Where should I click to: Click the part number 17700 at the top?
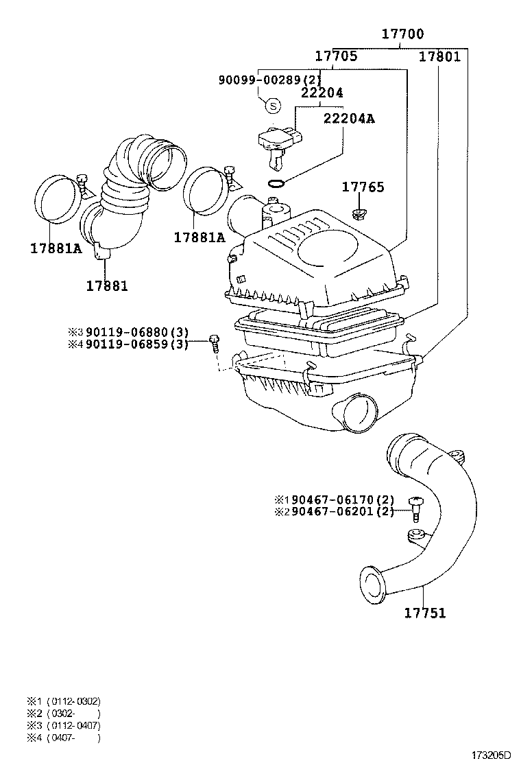click(402, 34)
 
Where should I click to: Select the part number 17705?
click(336, 56)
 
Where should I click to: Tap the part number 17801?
click(439, 56)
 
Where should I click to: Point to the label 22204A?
click(349, 118)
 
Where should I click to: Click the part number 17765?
click(363, 187)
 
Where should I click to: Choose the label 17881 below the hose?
click(107, 285)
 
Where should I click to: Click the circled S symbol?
click(273, 105)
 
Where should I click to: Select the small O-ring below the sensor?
click(275, 183)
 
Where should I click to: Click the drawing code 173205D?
click(490, 755)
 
